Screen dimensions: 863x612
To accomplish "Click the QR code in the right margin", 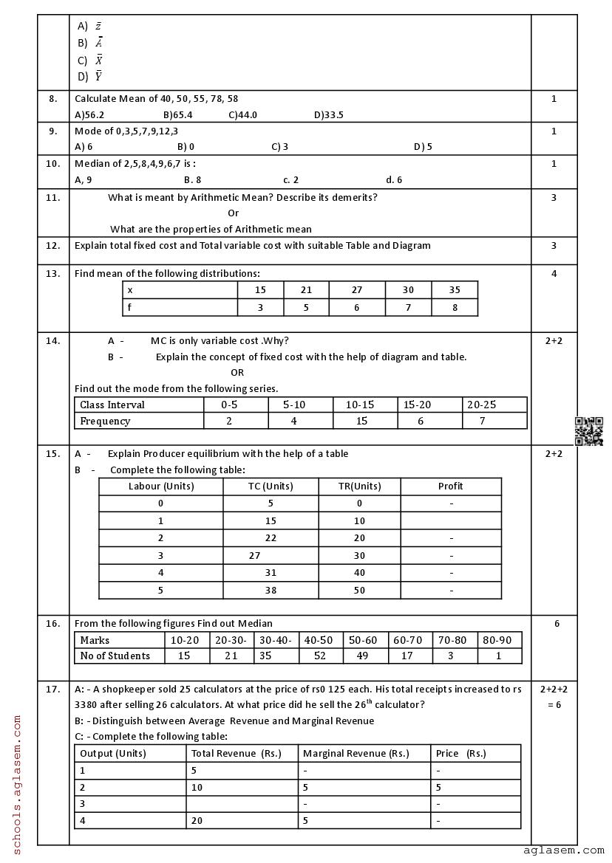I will [588, 431].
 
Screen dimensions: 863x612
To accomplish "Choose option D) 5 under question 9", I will [423, 147].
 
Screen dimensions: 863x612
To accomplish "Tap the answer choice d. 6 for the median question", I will [394, 179].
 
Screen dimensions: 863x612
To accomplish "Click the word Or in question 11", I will [233, 213].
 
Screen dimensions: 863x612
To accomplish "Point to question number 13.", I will [53, 273].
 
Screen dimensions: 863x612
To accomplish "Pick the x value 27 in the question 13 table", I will [356, 290].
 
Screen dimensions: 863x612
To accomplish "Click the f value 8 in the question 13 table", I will [455, 307].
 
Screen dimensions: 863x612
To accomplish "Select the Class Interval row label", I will [112, 405].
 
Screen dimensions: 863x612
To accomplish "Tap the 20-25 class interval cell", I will [482, 405].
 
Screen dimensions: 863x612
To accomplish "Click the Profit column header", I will [450, 486].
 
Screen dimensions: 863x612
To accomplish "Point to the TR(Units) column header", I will [359, 486].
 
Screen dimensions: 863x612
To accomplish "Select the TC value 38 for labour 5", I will [271, 591].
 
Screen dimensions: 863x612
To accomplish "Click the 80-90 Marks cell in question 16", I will [498, 640].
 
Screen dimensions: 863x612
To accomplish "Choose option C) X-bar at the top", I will [90, 61].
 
